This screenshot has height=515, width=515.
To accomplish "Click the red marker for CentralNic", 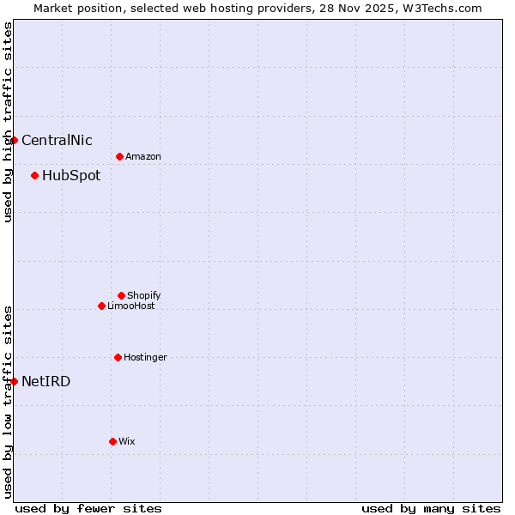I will click(14, 140).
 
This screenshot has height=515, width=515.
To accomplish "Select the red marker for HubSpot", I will click(34, 175).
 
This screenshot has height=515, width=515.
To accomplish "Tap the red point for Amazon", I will click(119, 156).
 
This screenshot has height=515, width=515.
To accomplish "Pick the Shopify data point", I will click(121, 295).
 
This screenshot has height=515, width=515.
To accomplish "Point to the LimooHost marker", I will click(101, 306).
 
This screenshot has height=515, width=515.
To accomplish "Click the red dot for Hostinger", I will click(118, 357).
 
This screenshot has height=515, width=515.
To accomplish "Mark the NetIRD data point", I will click(14, 381).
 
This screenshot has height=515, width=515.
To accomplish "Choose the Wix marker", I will click(112, 441).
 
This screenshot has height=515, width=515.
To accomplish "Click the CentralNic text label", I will click(57, 140).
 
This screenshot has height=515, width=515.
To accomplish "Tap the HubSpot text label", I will click(71, 175).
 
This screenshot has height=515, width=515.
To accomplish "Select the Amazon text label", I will click(143, 156).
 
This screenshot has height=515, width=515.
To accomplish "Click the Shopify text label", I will click(144, 295).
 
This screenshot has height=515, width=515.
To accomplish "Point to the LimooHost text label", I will click(131, 306).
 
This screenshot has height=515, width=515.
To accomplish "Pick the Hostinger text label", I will click(145, 357).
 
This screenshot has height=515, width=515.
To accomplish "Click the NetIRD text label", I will click(46, 381).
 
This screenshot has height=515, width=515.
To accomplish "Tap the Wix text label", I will click(127, 441).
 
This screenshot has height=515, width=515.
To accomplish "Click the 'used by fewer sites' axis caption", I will click(88, 508).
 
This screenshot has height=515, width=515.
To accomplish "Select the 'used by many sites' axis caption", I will click(431, 508).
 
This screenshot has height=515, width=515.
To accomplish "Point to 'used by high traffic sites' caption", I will click(8, 122).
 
